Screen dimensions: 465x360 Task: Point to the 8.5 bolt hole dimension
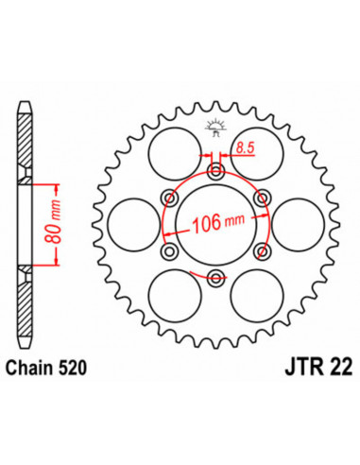tap(245, 147)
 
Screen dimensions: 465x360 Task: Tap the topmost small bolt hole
tap(215, 171)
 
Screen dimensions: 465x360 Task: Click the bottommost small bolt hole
tap(215, 276)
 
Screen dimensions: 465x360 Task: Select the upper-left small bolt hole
tap(170, 197)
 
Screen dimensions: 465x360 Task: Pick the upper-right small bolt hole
tap(262, 197)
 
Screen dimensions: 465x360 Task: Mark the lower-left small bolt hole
tap(170, 250)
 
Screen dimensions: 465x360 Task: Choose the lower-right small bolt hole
tap(262, 250)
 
